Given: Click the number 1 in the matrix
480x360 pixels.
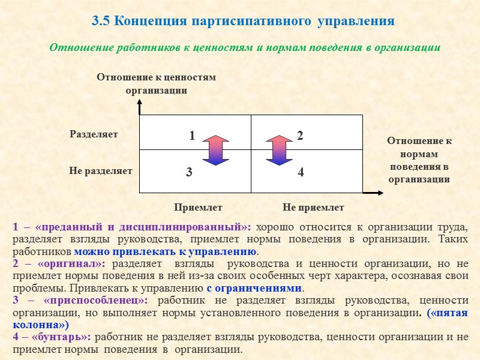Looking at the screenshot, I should (192, 136).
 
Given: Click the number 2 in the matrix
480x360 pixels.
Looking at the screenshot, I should (300, 136).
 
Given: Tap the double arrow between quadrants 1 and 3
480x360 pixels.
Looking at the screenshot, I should (215, 149).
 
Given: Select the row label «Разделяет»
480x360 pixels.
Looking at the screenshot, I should (94, 134).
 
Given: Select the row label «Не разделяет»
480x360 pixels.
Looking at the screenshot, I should (101, 170).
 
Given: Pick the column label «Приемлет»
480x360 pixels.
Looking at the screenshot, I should (198, 208).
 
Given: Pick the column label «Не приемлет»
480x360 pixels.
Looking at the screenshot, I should (313, 208).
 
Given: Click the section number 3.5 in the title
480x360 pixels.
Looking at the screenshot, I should (101, 22).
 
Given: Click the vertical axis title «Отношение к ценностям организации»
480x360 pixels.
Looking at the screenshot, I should (156, 84).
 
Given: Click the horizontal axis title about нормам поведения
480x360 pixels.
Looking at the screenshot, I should (419, 160).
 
